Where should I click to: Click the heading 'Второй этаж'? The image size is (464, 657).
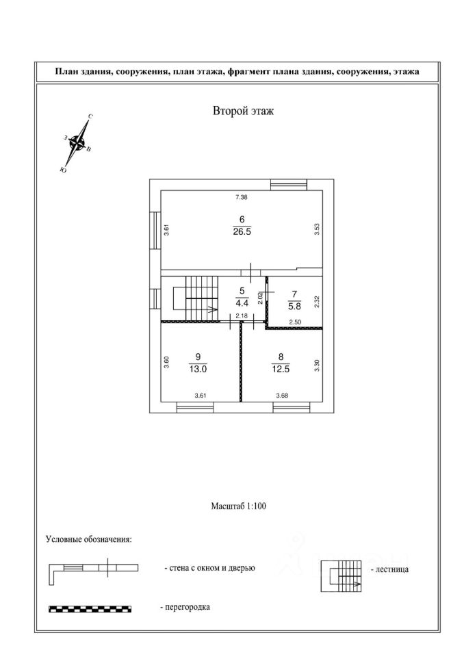[243, 112]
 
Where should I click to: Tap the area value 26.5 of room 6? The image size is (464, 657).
[242, 231]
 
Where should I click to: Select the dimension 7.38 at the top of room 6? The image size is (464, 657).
[241, 197]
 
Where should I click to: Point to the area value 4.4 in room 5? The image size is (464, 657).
[242, 300]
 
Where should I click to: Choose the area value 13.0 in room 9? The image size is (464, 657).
[198, 367]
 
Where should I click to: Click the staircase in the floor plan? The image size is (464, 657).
[196, 298]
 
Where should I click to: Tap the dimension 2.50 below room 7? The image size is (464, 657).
[295, 322]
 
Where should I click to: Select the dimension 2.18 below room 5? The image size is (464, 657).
[241, 316]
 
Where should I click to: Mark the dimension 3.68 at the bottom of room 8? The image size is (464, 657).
[282, 396]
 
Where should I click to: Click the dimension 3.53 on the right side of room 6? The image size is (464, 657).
[317, 230]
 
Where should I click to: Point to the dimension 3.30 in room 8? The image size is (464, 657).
[317, 365]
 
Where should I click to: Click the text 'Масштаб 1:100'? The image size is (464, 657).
[237, 507]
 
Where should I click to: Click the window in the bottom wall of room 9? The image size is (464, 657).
[195, 407]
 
